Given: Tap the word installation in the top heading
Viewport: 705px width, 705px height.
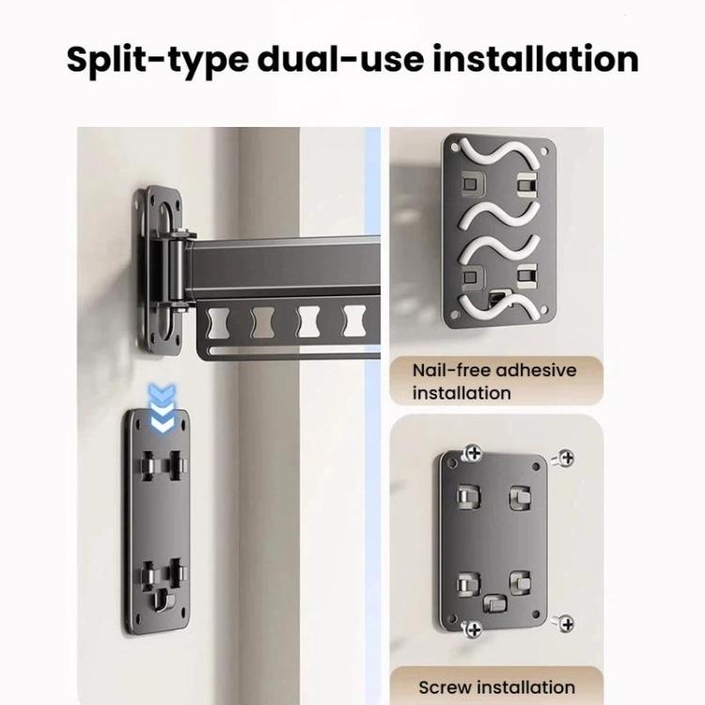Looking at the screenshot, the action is [536, 59].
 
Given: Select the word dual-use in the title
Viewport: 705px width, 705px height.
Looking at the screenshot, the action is [340, 59].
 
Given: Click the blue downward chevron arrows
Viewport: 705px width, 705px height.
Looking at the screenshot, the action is [163, 408].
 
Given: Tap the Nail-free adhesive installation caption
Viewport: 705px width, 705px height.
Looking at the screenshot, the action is [494, 382].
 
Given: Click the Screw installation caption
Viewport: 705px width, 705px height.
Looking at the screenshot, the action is [496, 687].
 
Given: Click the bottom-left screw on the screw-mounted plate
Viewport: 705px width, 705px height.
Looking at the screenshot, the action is [472, 628].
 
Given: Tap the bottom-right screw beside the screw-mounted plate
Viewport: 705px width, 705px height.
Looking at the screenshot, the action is [564, 623].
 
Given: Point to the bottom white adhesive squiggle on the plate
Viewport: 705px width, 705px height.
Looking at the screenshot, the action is [498, 306].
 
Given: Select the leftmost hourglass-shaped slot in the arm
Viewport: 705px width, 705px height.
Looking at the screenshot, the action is [218, 322].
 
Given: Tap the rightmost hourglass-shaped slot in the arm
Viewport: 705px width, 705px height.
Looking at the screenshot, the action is [354, 321].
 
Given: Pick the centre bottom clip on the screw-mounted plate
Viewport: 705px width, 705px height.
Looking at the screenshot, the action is [494, 603].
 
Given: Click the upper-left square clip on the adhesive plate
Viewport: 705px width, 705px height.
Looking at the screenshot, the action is [472, 184].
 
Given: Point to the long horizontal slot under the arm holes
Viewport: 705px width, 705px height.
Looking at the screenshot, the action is [293, 351].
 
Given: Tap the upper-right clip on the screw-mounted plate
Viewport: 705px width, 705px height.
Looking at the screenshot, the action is [520, 497].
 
